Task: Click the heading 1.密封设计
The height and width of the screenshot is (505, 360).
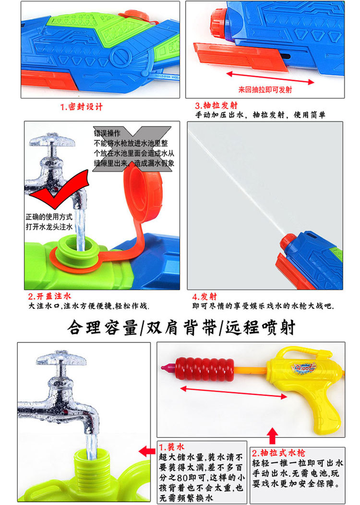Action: (x=81, y=106)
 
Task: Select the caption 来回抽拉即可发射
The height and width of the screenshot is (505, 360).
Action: (x=265, y=89)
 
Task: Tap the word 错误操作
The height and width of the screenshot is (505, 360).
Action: (x=107, y=133)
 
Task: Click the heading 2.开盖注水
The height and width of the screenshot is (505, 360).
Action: (x=49, y=296)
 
